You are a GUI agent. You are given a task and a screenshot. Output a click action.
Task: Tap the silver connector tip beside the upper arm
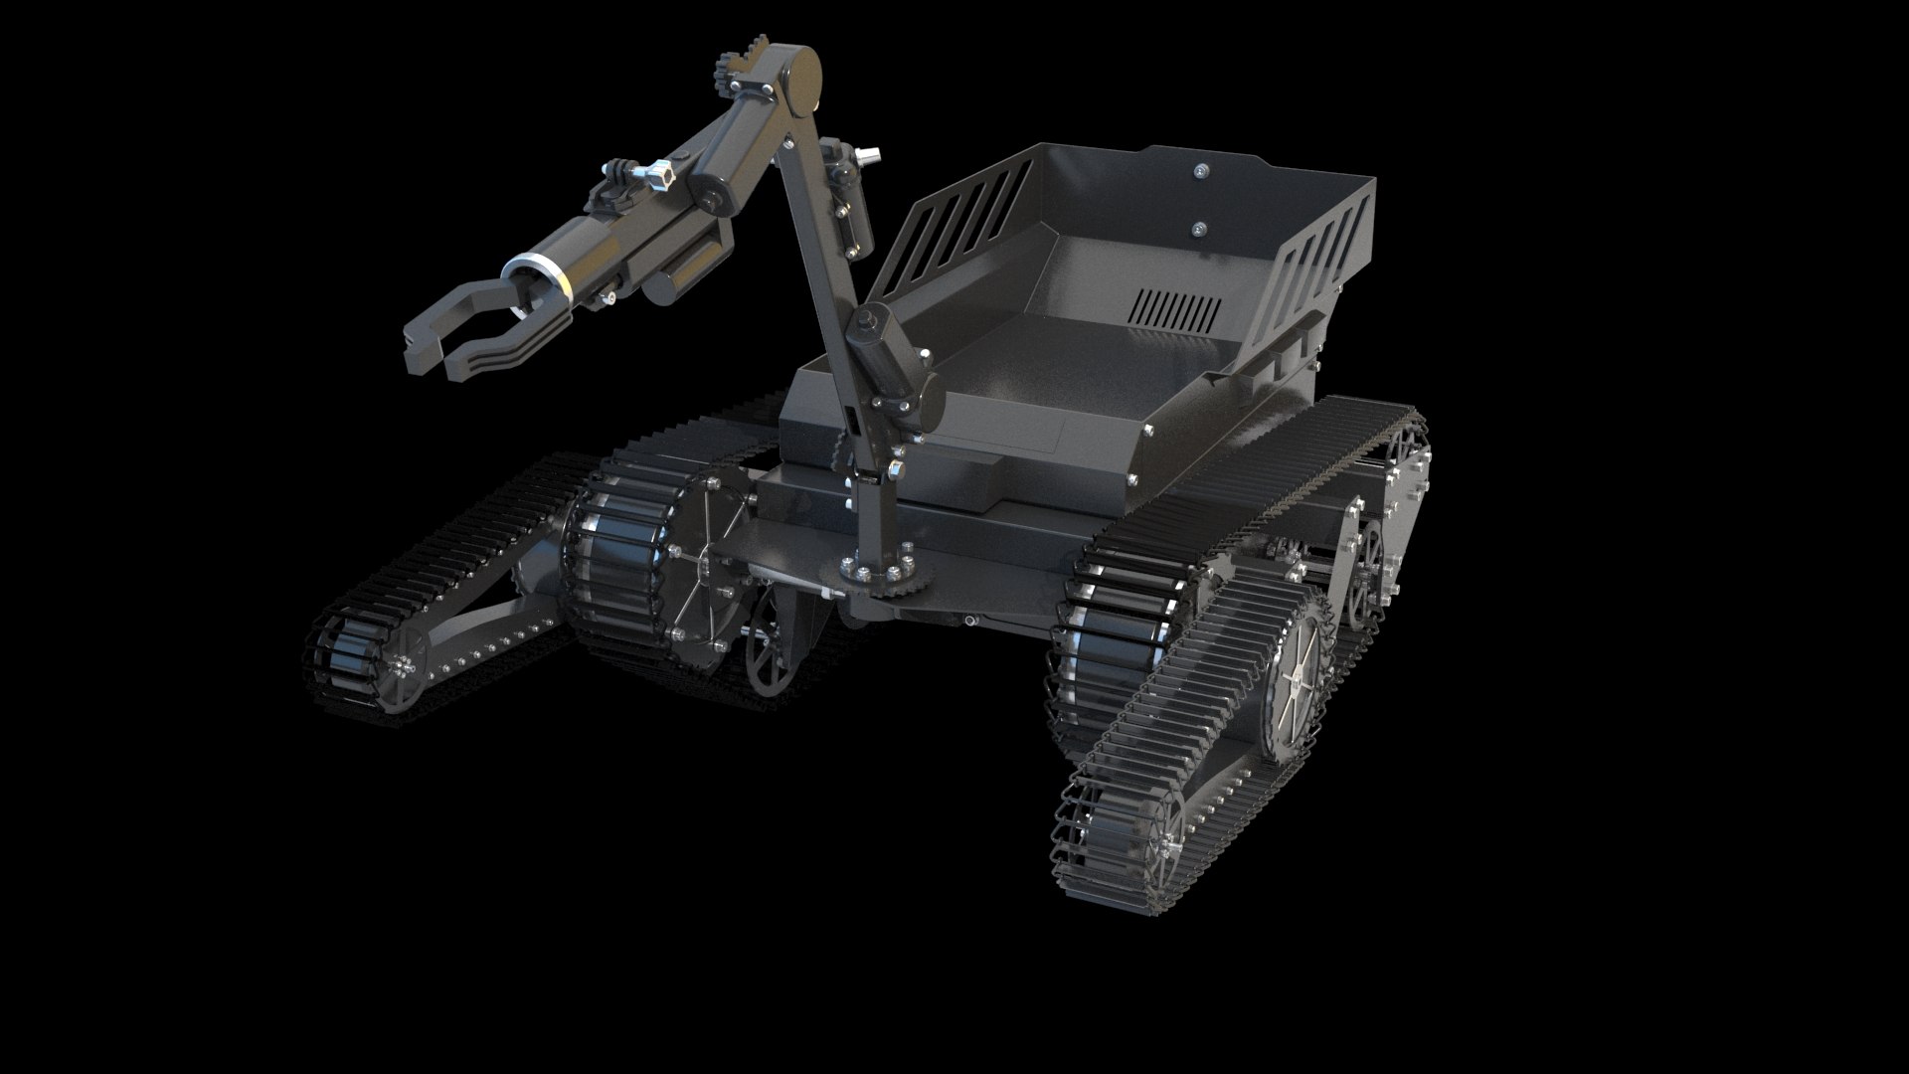pos(871,155)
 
